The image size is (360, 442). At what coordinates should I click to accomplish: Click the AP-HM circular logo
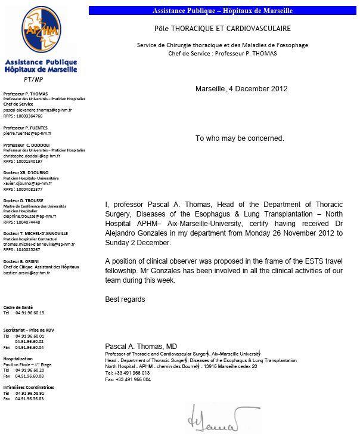point(41,30)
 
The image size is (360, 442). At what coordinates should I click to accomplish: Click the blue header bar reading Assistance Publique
point(222,11)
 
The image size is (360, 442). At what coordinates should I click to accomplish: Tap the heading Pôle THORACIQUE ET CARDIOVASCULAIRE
point(222,28)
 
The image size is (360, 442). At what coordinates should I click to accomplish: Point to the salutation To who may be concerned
point(240,138)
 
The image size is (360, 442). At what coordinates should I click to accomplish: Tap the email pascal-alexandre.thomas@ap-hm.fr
point(37,110)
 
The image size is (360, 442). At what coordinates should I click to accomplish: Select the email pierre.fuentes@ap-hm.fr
point(27,134)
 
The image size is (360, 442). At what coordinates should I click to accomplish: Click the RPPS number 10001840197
point(23,162)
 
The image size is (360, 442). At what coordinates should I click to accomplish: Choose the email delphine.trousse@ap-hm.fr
point(30,216)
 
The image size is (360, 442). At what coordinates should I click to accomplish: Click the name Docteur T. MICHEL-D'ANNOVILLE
point(36,233)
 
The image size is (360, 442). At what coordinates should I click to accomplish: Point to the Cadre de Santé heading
point(18,307)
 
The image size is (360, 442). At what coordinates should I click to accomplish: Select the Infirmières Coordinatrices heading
point(29,387)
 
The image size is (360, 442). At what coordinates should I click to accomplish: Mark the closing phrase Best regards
point(125,299)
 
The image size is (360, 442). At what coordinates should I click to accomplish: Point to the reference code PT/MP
point(33,79)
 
